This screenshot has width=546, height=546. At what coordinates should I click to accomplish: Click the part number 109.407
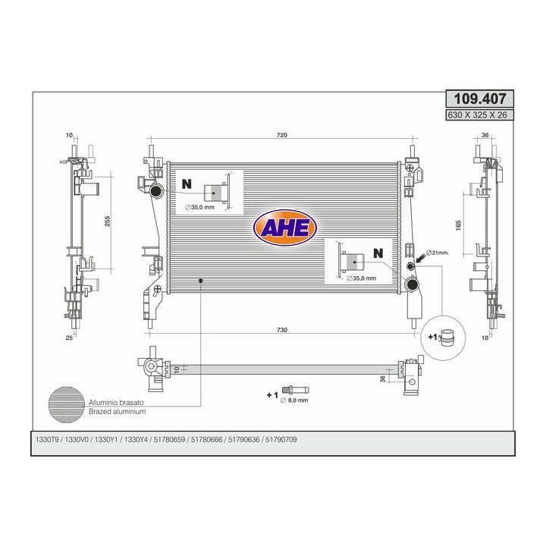pyautogui.click(x=479, y=99)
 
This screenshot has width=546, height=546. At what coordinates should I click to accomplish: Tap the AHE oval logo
pyautogui.click(x=285, y=227)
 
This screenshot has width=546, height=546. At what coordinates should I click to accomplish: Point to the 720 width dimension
pyautogui.click(x=282, y=135)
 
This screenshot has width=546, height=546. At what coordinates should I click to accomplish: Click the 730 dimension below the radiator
pyautogui.click(x=282, y=330)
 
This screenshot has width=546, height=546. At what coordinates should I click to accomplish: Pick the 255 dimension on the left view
pyautogui.click(x=108, y=221)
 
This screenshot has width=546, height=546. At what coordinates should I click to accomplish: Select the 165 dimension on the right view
pyautogui.click(x=458, y=225)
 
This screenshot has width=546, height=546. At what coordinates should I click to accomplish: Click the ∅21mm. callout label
pyautogui.click(x=438, y=253)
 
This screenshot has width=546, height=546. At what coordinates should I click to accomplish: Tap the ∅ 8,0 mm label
pyautogui.click(x=294, y=400)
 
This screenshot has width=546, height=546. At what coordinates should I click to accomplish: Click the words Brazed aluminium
pyautogui.click(x=117, y=412)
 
